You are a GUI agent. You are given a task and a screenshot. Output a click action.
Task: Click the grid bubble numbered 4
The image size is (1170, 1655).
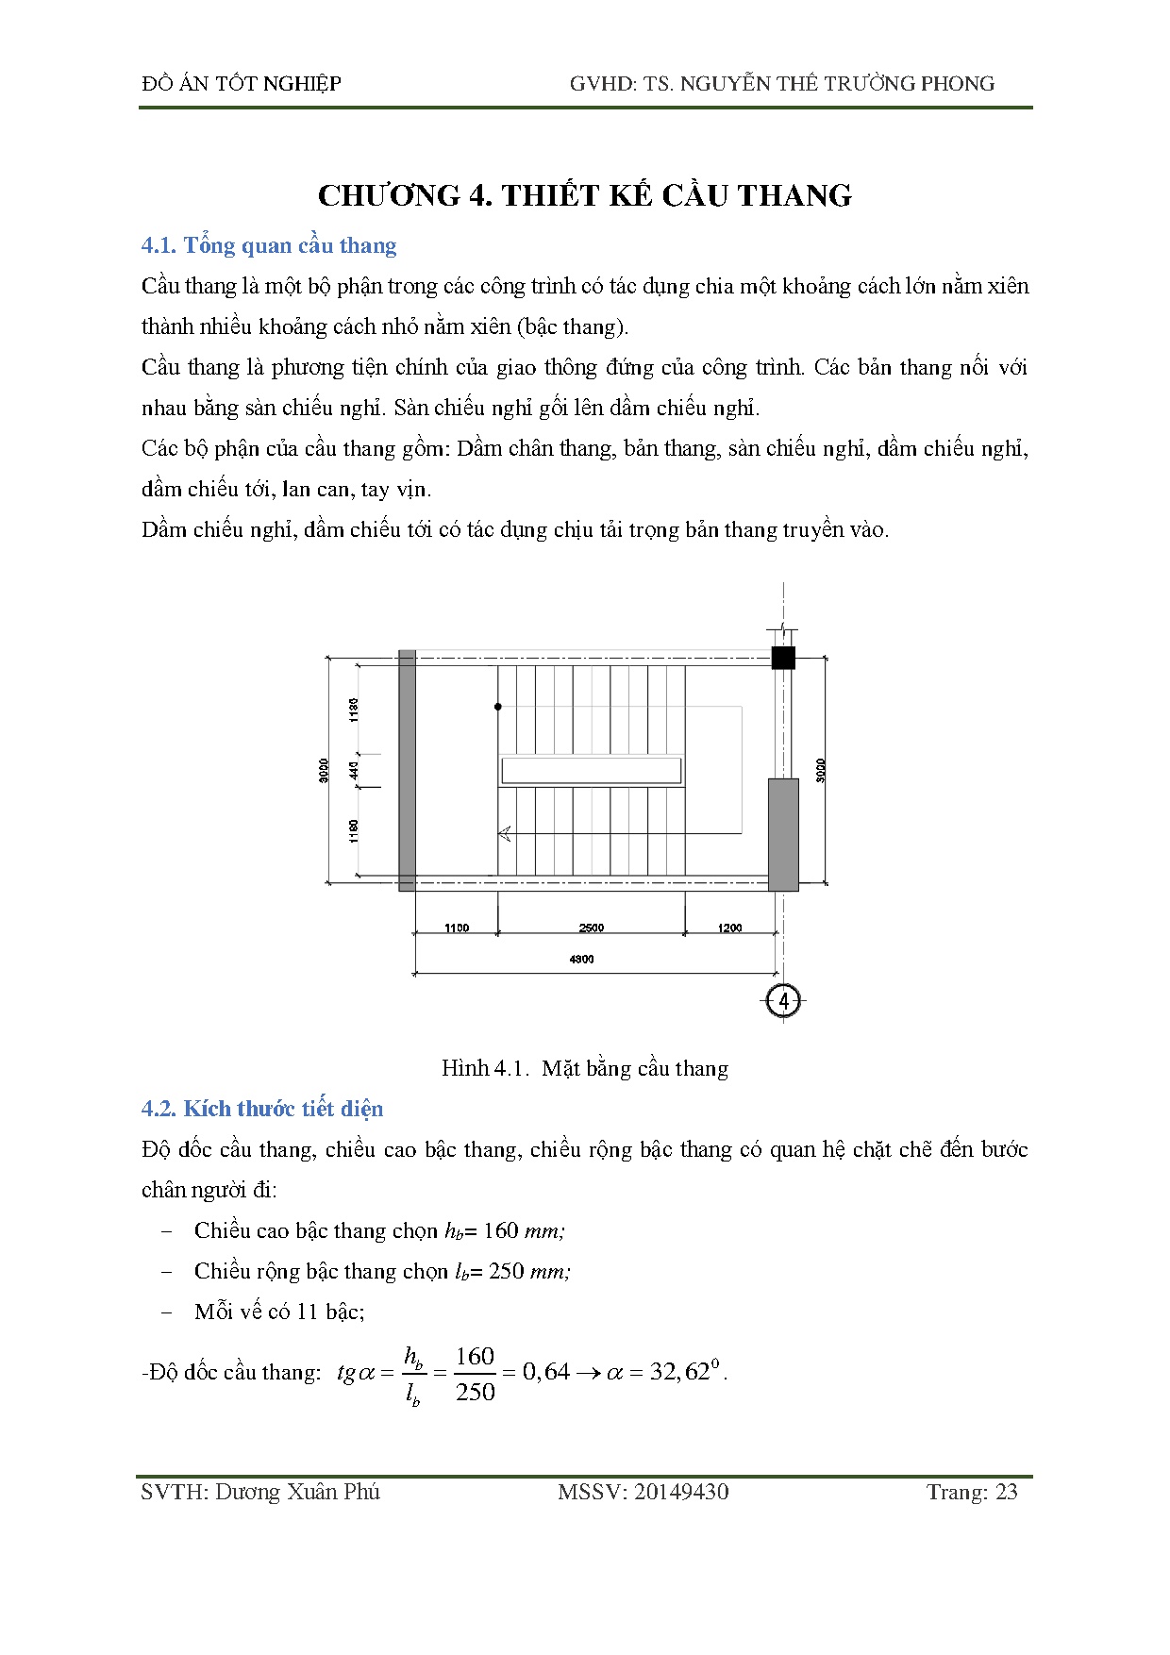(x=783, y=1000)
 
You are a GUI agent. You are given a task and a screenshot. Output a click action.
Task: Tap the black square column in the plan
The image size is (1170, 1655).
(x=783, y=658)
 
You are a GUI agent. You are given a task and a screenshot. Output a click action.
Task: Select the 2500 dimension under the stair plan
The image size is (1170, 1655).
(x=592, y=928)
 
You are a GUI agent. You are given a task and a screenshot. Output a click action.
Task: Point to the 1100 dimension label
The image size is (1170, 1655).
(x=457, y=928)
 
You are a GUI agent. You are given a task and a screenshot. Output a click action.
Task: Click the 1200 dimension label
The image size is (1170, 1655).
(x=729, y=928)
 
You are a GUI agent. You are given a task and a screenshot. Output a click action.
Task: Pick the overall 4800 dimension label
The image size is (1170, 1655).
(x=582, y=959)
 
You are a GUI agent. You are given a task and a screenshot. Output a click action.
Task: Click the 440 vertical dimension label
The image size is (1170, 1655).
(x=354, y=770)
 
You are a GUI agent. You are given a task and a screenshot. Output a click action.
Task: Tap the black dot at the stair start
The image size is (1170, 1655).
(x=498, y=706)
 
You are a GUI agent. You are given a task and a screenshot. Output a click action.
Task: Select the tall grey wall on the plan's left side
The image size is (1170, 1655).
(x=407, y=770)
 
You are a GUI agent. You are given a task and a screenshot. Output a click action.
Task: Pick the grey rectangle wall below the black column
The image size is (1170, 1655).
(x=783, y=834)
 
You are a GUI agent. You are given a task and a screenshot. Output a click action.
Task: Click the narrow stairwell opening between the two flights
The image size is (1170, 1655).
(x=592, y=770)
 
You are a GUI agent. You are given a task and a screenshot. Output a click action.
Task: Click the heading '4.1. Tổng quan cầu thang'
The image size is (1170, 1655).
(x=269, y=245)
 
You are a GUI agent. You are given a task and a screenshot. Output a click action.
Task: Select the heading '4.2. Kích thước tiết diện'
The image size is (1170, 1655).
(x=262, y=1109)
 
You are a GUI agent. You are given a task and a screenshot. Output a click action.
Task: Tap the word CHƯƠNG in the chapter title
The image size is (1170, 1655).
(x=388, y=195)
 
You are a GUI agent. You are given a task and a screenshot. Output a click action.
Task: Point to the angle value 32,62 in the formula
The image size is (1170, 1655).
(x=679, y=1372)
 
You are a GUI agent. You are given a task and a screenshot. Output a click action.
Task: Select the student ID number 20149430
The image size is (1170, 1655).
(x=681, y=1492)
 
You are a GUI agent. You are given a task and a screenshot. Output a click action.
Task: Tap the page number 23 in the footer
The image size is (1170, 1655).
(x=1007, y=1492)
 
